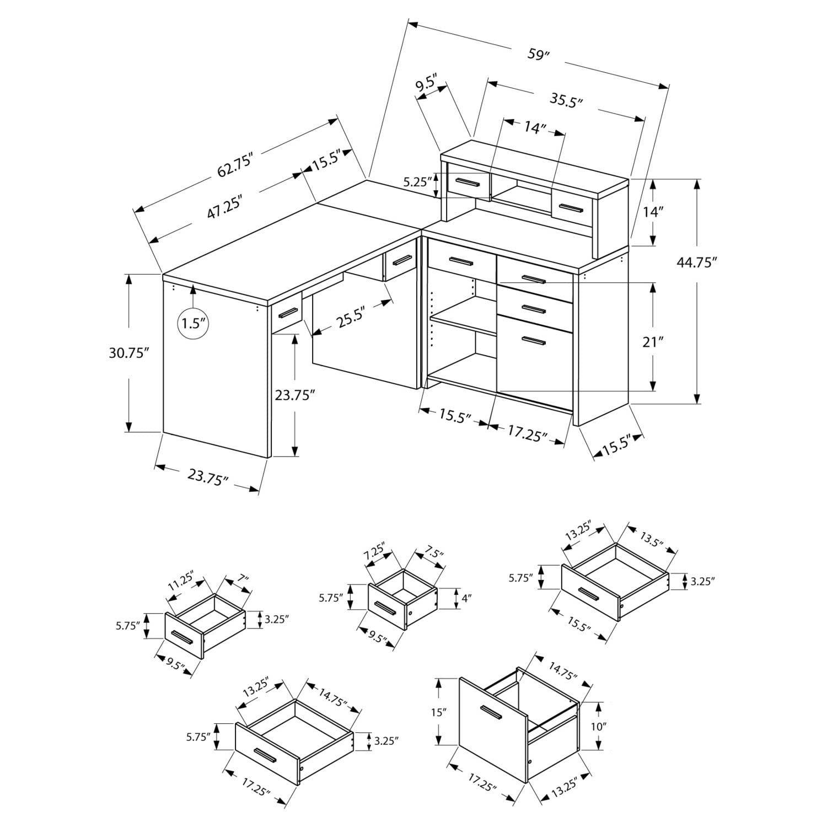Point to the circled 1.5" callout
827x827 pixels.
[193, 323]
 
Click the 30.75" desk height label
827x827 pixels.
[129, 353]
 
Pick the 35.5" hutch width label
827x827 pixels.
[566, 100]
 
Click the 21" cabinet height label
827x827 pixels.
[653, 342]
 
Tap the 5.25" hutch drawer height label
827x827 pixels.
[416, 181]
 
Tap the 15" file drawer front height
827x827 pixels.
[438, 712]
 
